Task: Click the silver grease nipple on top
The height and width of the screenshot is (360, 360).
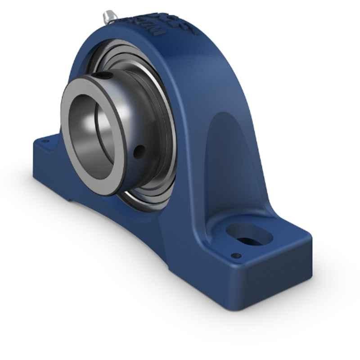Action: tap(109, 17)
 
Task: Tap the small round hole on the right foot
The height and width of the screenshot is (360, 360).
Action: tap(236, 256)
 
